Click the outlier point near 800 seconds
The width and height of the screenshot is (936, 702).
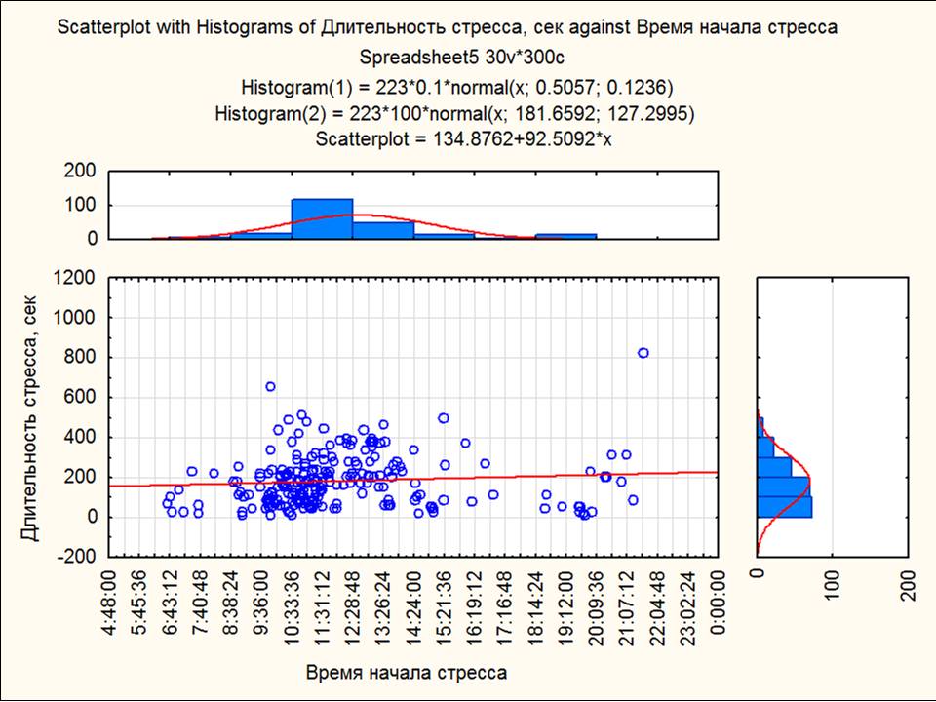click(643, 353)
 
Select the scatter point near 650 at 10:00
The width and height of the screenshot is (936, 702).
click(270, 387)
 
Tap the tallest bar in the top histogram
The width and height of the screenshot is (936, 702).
click(322, 219)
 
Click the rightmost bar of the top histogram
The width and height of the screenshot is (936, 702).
click(565, 236)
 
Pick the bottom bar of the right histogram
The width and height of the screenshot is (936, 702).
click(784, 507)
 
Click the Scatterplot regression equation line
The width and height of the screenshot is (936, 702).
click(463, 138)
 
